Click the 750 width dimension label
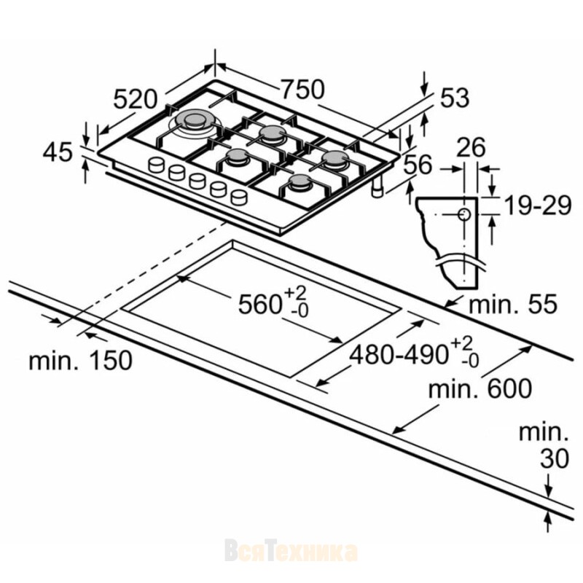[x=302, y=89]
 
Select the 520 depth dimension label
[x=136, y=100]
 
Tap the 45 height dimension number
[x=58, y=152]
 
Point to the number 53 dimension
[x=455, y=98]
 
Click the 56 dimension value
[x=418, y=164]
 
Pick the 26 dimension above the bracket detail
[x=471, y=147]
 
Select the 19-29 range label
[x=537, y=206]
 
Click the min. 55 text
[x=513, y=304]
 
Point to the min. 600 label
[x=480, y=389]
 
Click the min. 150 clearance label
[x=81, y=360]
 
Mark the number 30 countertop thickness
[x=555, y=458]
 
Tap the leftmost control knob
[x=156, y=165]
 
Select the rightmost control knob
[x=239, y=197]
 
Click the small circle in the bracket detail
[x=464, y=214]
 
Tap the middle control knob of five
[x=197, y=181]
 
